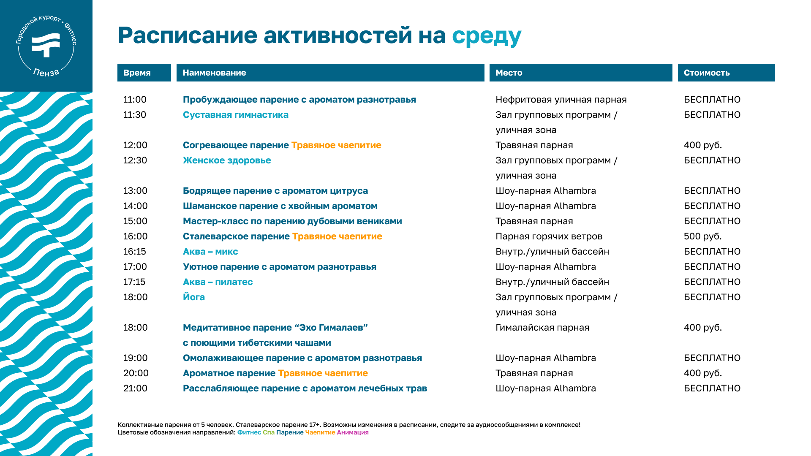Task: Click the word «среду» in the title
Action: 487,36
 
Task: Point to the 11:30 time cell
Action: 135,115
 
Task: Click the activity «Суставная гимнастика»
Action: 236,115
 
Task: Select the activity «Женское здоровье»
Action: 227,160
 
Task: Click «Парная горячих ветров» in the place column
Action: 549,236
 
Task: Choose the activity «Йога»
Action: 194,297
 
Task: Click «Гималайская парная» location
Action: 542,328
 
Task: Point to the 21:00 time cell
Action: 135,388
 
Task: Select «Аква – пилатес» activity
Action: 218,282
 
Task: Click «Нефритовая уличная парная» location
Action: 561,100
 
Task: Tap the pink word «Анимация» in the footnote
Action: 353,432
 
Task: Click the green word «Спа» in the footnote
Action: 269,432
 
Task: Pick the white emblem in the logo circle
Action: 46,44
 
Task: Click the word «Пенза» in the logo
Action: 46,73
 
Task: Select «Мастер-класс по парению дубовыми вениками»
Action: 292,221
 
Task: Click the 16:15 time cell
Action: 135,252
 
